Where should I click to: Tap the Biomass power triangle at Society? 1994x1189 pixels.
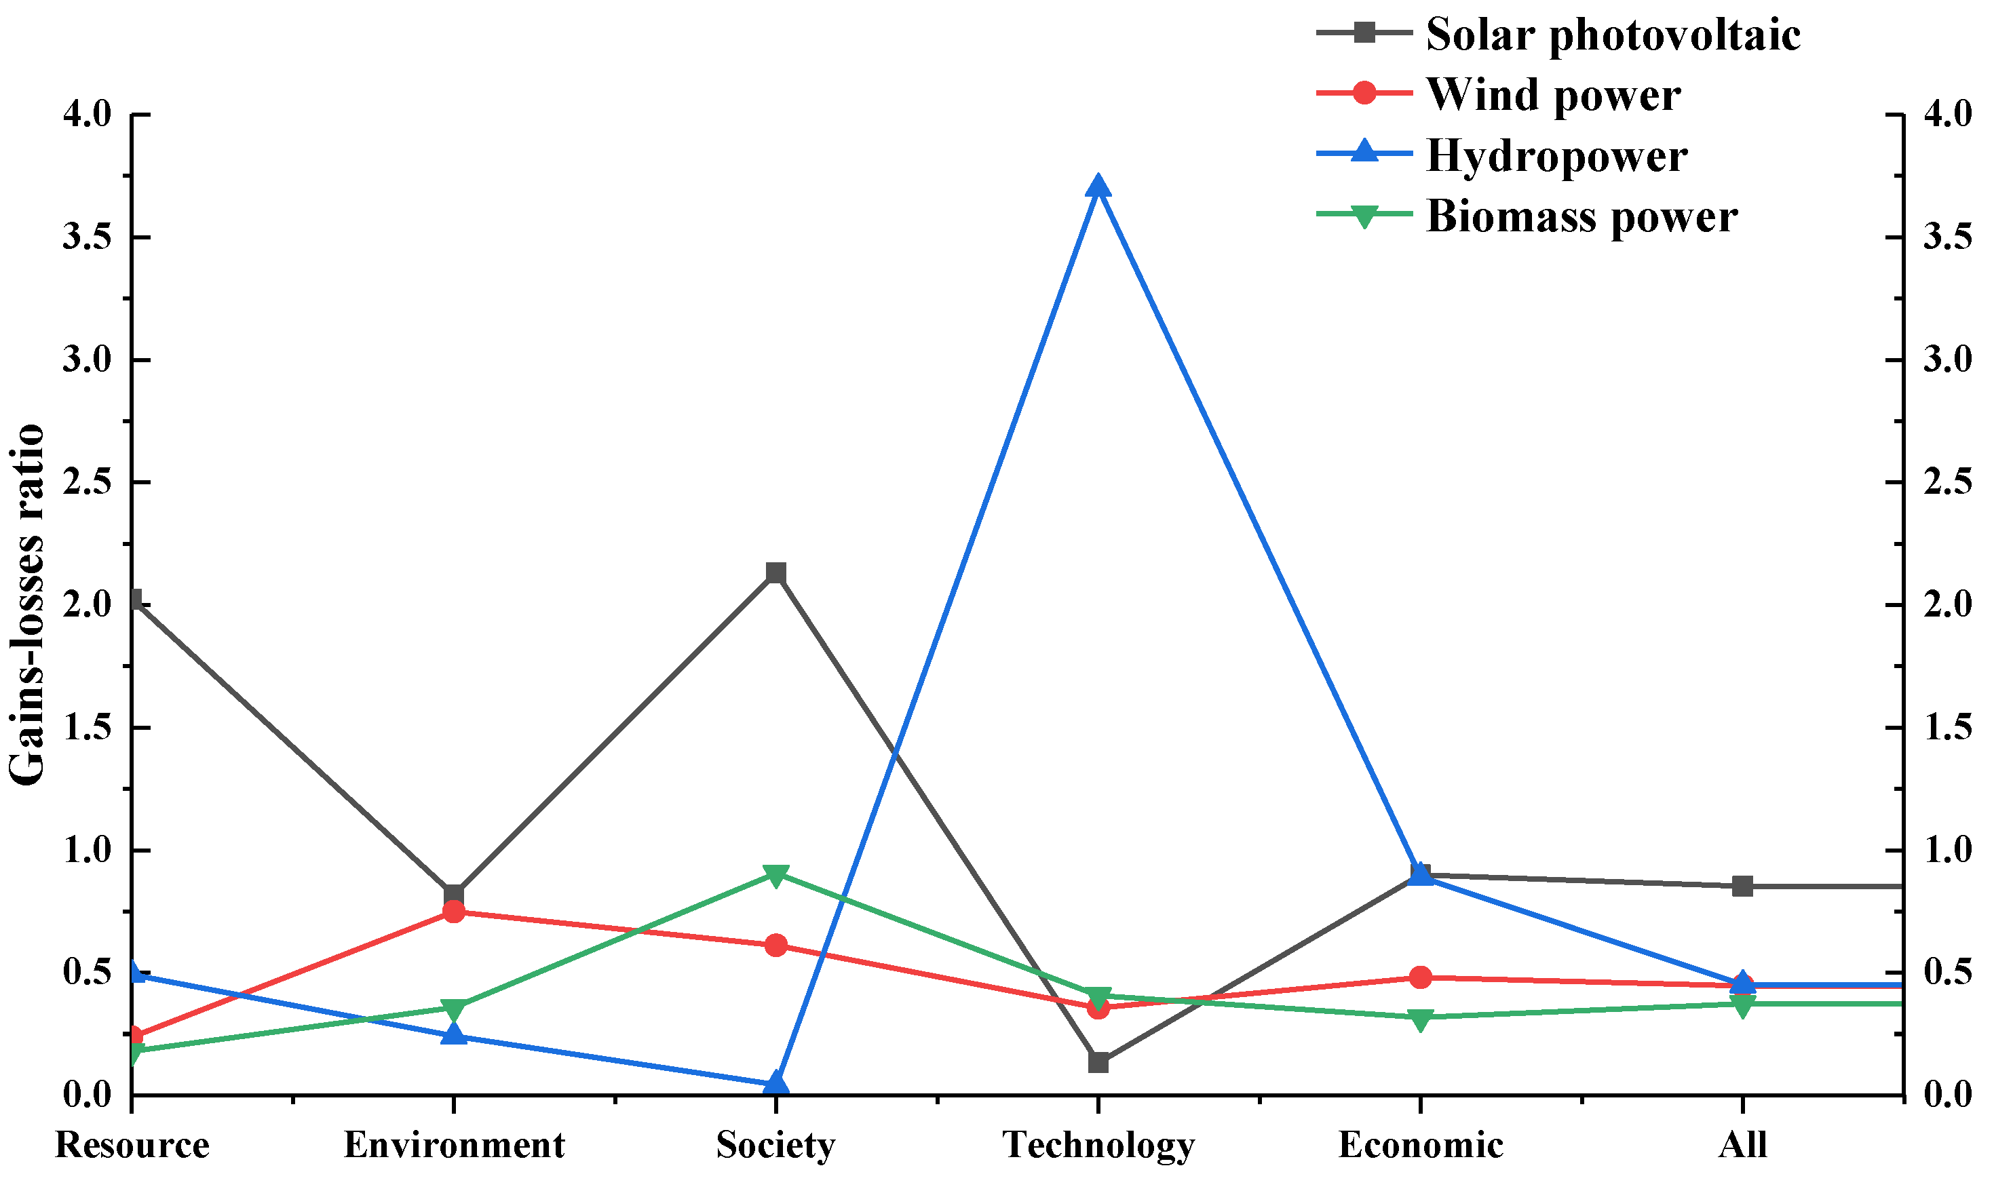click(x=775, y=874)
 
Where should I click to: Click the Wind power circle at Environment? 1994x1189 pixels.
click(x=454, y=911)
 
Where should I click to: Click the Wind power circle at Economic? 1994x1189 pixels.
click(x=1420, y=977)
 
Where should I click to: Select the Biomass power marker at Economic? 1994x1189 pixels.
click(x=1420, y=1018)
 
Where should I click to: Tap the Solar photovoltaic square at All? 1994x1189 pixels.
click(x=1742, y=886)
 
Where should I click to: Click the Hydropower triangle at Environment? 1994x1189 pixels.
click(x=454, y=1034)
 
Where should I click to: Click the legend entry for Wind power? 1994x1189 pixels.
click(x=1552, y=94)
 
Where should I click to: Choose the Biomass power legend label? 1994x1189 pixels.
click(x=1581, y=216)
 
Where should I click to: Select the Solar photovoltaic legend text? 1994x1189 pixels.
click(x=1613, y=35)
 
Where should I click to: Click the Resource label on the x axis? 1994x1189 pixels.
click(x=132, y=1145)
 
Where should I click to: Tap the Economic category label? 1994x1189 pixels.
click(x=1420, y=1145)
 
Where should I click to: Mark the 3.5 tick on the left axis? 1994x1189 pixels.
click(x=88, y=238)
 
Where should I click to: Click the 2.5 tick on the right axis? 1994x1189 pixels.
click(x=1946, y=482)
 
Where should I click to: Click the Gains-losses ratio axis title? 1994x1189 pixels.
click(x=27, y=605)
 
